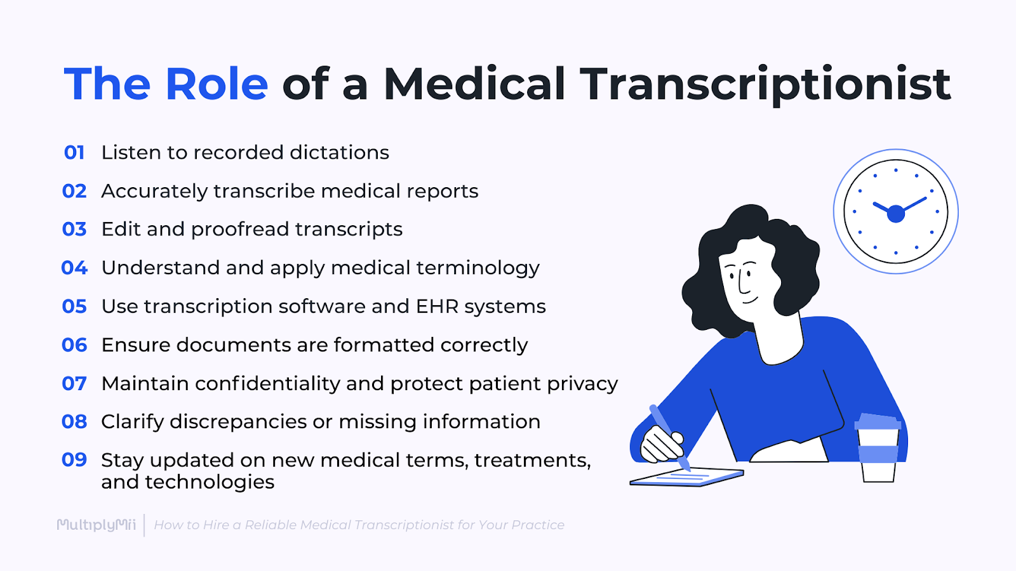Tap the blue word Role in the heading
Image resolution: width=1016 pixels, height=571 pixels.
point(217,84)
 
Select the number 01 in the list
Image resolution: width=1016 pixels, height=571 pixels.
point(74,153)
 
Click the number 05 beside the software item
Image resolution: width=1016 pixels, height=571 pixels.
point(74,306)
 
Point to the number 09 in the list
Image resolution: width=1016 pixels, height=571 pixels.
point(74,460)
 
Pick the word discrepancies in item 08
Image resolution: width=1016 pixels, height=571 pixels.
point(238,422)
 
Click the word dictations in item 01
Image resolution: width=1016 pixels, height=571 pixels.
point(339,153)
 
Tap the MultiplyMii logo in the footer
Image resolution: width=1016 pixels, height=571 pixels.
point(97,525)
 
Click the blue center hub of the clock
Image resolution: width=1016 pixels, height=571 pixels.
point(895,214)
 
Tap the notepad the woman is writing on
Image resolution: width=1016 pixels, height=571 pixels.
point(686,476)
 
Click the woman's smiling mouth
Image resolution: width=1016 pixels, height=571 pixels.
point(749,299)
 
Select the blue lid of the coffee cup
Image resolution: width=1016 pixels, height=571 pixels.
point(878,422)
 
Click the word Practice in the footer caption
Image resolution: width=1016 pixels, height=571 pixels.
point(538,525)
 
